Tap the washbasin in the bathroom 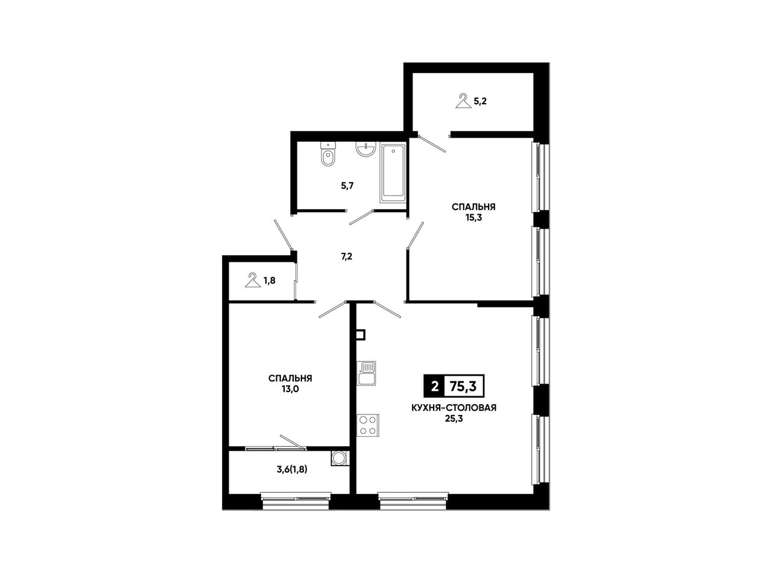365,149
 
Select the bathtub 393,173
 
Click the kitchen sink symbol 366,373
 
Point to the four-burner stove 368,425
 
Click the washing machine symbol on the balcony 339,458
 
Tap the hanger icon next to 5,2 463,101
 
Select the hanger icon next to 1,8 253,280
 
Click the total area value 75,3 463,387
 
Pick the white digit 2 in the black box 434,387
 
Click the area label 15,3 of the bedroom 473,218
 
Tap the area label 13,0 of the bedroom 290,389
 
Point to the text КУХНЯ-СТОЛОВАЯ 454,408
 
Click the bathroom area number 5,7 347,186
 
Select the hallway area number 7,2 346,256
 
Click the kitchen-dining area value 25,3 454,419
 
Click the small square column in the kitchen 361,334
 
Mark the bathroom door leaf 361,218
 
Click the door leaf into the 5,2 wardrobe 432,144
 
